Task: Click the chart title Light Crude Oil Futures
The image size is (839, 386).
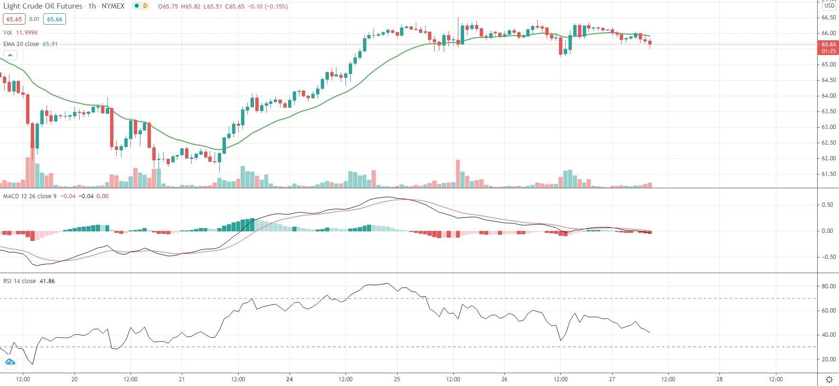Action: coord(43,6)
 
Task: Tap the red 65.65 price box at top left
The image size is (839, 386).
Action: coord(14,19)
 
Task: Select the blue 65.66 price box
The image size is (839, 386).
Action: coord(55,19)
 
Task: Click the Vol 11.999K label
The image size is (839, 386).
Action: coord(20,32)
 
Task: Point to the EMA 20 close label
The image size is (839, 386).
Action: coord(21,44)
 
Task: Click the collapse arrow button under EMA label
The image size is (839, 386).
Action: coord(10,55)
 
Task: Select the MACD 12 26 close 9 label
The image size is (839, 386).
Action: coord(30,196)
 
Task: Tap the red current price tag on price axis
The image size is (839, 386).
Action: coord(828,47)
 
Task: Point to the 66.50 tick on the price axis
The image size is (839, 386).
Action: coord(829,18)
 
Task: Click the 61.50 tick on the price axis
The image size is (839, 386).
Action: coord(829,174)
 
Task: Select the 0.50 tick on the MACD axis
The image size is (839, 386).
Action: coord(827,205)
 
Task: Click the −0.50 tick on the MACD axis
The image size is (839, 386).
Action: coord(827,257)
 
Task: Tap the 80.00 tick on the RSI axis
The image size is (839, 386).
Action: coord(829,286)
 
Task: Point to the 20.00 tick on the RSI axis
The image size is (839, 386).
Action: coord(829,359)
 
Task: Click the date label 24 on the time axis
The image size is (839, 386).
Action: coord(289,379)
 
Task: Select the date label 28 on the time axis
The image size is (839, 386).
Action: coord(719,379)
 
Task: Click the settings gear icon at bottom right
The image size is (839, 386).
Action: coord(829,379)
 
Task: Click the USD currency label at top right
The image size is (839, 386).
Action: coord(829,6)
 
